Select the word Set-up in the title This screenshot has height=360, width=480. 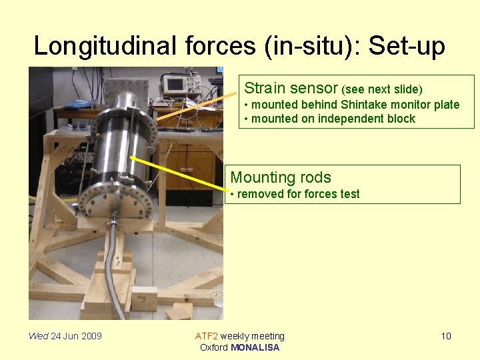(x=406, y=46)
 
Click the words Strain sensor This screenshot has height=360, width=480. (x=291, y=88)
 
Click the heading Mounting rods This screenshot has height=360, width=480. (x=280, y=177)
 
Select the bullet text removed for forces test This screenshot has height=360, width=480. (x=298, y=194)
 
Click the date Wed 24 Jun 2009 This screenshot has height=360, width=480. (x=65, y=336)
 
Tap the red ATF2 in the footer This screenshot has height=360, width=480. (x=206, y=336)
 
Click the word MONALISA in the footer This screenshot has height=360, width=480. (x=255, y=347)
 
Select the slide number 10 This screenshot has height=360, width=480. (x=446, y=336)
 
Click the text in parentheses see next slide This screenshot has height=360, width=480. (x=382, y=89)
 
